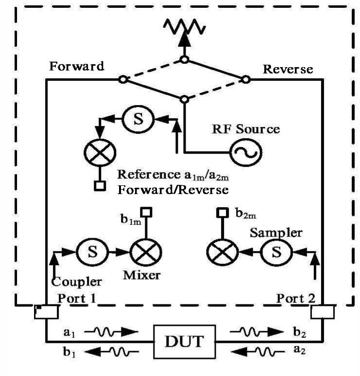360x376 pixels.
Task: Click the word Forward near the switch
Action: click(x=77, y=67)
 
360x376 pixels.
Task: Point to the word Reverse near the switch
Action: click(x=288, y=70)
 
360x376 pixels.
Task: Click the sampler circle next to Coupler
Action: click(x=89, y=251)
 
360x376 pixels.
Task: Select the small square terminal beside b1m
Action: click(x=144, y=213)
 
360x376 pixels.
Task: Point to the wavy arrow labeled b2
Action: click(x=256, y=333)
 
